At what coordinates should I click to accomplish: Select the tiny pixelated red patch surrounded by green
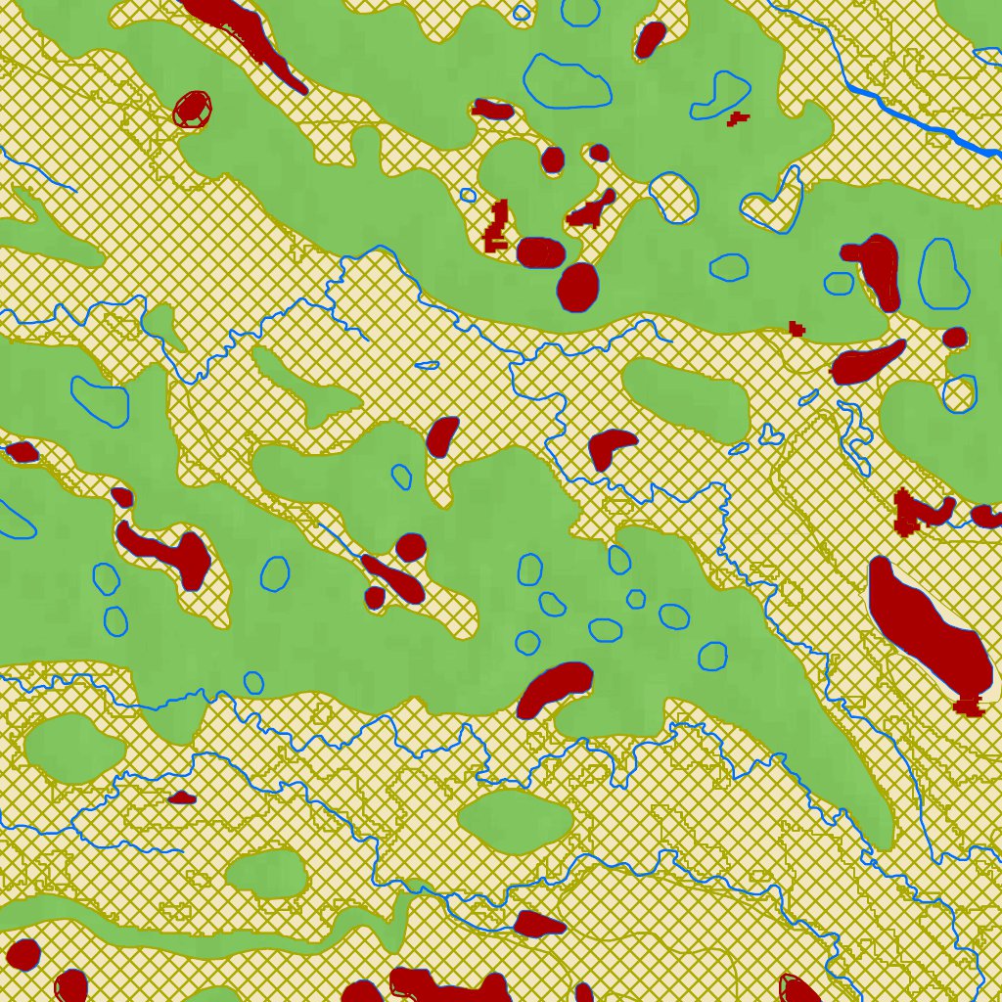pyautogui.click(x=738, y=118)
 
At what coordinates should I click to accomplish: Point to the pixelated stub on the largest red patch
pyautogui.click(x=969, y=705)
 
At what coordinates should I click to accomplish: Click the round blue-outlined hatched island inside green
pyautogui.click(x=674, y=197)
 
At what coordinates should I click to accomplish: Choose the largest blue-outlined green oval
pyautogui.click(x=568, y=80)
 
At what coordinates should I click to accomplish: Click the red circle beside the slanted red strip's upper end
pyautogui.click(x=411, y=547)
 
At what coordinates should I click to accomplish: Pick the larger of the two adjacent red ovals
pyautogui.click(x=577, y=287)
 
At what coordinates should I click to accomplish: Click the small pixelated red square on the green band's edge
pyautogui.click(x=797, y=328)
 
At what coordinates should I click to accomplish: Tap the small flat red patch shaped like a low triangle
pyautogui.click(x=182, y=798)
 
